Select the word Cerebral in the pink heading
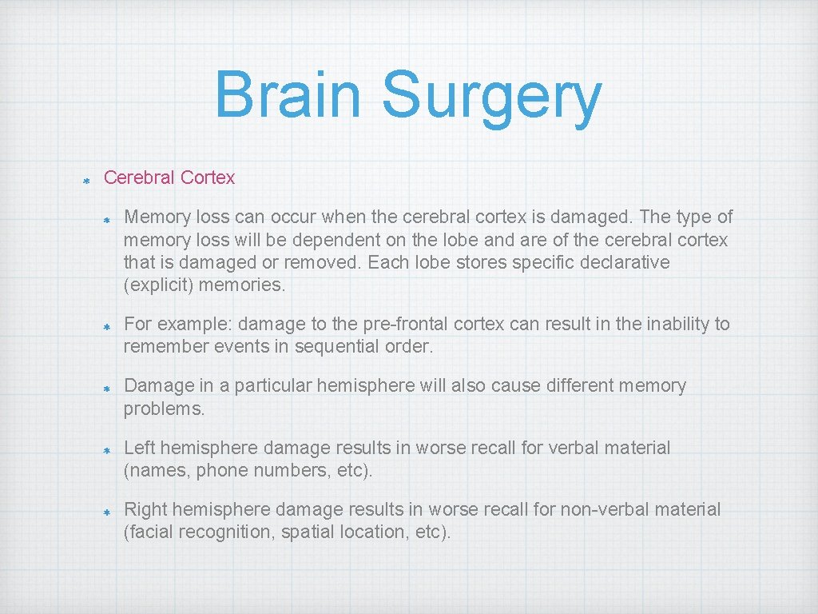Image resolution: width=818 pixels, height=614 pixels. coord(139,177)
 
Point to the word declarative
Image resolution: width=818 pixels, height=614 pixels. coord(620,262)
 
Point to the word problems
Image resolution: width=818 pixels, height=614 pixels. coord(164,409)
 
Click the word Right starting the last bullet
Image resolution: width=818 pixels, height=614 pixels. coord(145,509)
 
